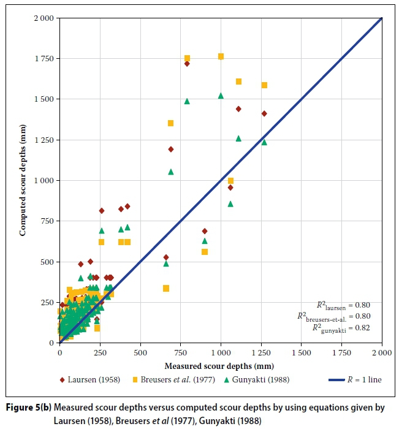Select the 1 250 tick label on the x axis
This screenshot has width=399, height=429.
(261, 354)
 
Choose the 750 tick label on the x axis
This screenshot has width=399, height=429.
(180, 354)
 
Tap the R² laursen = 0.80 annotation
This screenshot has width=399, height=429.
(348, 305)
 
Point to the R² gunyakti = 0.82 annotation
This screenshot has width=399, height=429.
(348, 328)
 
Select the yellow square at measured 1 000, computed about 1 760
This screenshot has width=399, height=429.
(221, 56)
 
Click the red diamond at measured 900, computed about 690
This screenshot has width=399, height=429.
(205, 231)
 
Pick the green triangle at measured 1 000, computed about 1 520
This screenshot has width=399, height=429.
(221, 96)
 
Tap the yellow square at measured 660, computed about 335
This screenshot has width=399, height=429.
(166, 288)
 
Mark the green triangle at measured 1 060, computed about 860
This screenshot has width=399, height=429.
(230, 203)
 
